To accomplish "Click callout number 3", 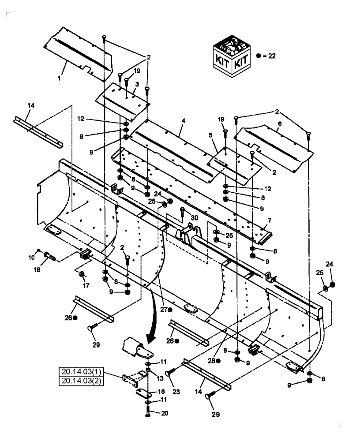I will (138, 84).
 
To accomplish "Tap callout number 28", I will (212, 360).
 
